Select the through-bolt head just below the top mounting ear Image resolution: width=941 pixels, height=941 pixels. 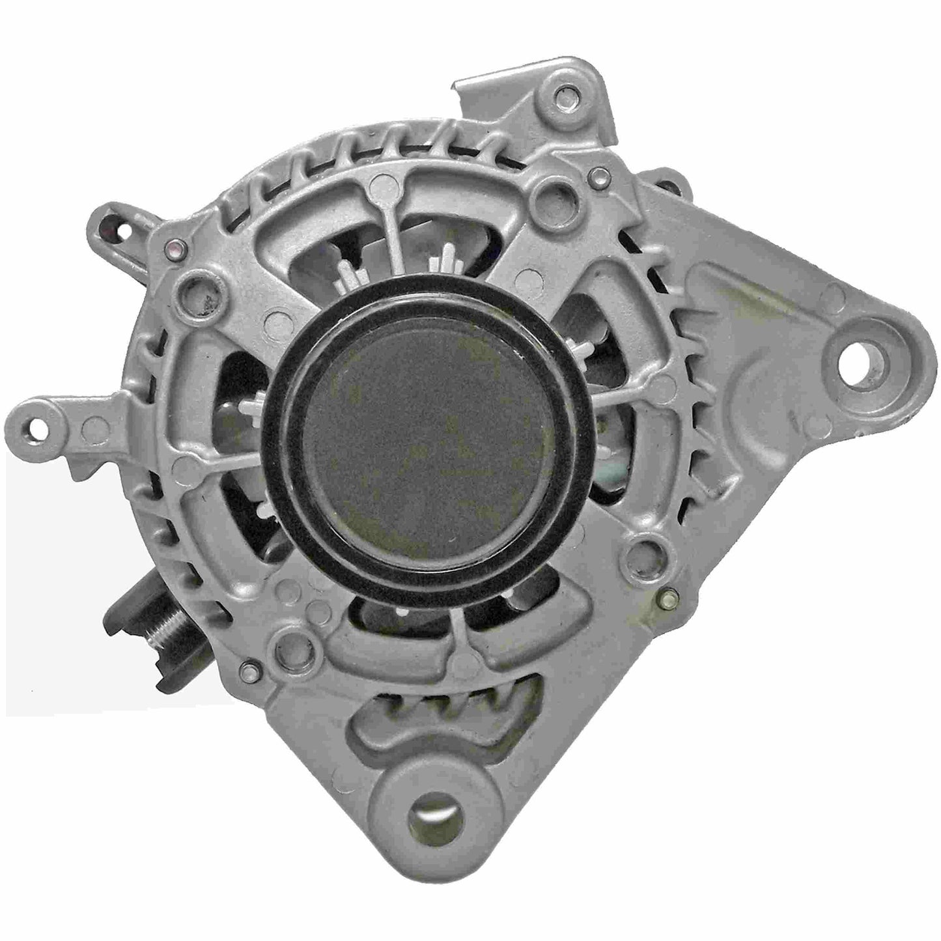pos(597,175)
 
